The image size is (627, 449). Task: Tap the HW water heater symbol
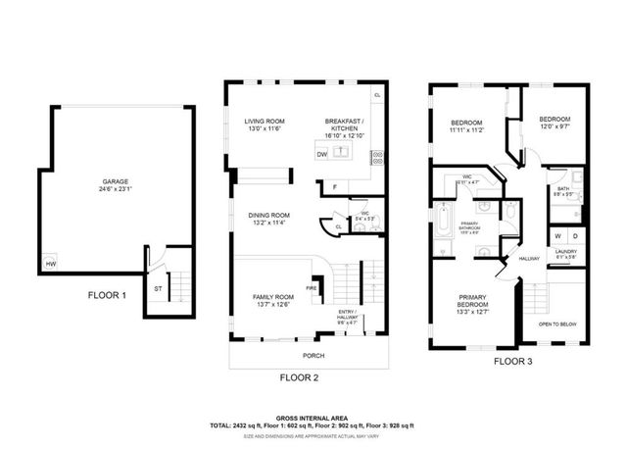coord(50,264)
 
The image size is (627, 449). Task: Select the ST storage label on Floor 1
coord(157,289)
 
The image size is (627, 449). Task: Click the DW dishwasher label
coord(322,153)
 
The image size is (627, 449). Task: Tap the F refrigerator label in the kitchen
coord(334,186)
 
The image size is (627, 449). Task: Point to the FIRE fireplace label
coord(310,289)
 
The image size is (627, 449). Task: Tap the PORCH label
coord(313,355)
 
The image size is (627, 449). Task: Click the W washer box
coord(557,236)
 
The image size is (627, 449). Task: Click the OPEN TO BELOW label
coord(557,324)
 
